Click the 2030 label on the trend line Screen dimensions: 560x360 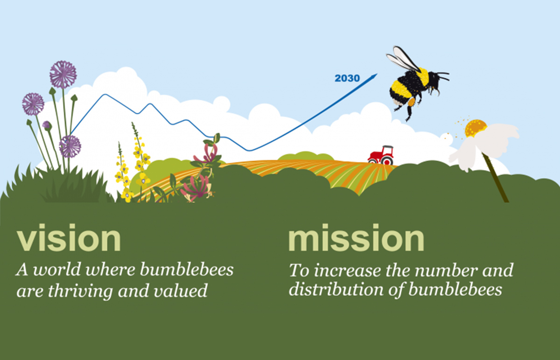(x=347, y=78)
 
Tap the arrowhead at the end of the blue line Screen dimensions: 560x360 (x=374, y=76)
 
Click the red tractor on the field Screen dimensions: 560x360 (x=380, y=155)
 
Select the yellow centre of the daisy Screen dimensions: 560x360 (x=475, y=128)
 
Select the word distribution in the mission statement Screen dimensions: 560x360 (x=336, y=290)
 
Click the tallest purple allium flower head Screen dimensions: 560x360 (x=63, y=75)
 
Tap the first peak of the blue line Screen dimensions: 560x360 (x=105, y=95)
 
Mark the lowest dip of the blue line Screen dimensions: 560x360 (x=249, y=151)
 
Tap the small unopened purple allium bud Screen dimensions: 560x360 (x=47, y=125)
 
